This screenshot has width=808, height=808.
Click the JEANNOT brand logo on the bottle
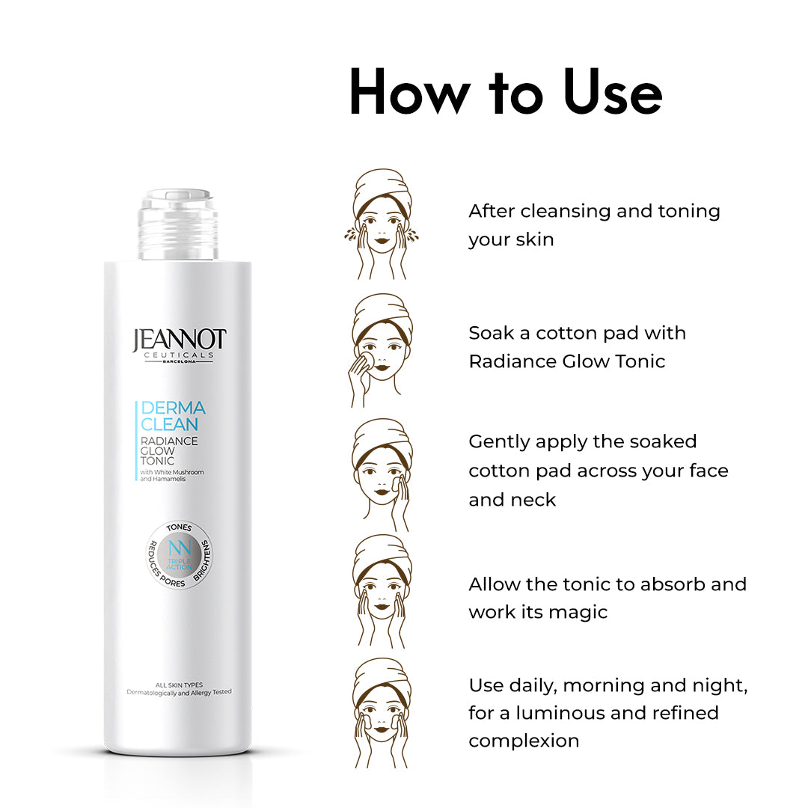tap(179, 345)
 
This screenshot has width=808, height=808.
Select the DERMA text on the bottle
tap(173, 408)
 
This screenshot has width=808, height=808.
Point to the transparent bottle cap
tap(178, 224)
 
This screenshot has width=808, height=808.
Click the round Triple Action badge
tap(179, 555)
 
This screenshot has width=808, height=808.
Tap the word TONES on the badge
tap(180, 527)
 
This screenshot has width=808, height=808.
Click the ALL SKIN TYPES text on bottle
tap(179, 685)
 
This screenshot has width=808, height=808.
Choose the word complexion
tap(524, 741)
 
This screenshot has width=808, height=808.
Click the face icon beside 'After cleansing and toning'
tap(382, 224)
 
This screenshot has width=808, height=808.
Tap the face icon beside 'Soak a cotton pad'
tap(381, 350)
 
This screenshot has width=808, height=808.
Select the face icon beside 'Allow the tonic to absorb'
tap(382, 591)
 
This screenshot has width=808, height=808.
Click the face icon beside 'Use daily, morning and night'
tap(382, 713)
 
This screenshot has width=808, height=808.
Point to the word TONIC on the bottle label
tap(157, 461)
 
